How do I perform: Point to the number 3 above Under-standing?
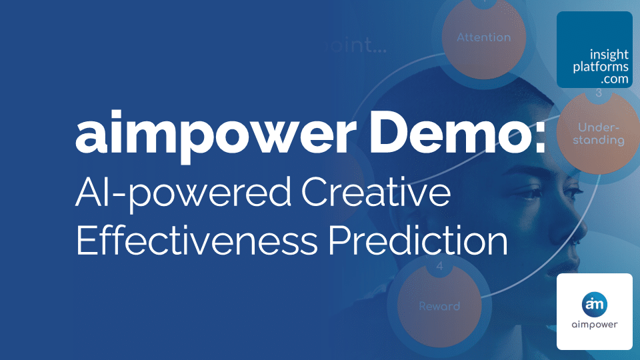[598, 93]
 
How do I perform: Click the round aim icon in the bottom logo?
[594, 302]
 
